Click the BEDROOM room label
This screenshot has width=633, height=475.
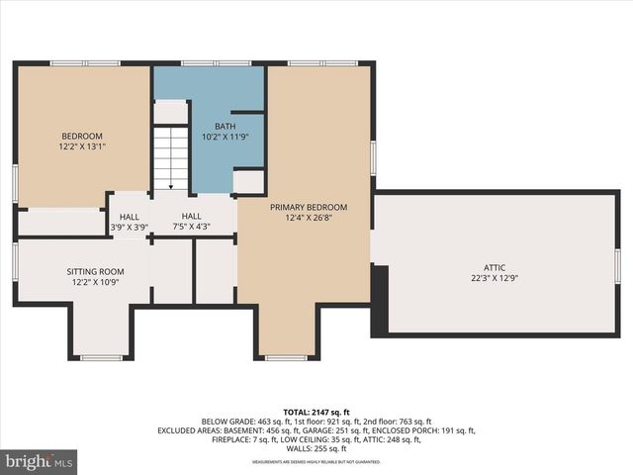pyautogui.click(x=82, y=137)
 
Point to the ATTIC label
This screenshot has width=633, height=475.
pyautogui.click(x=495, y=267)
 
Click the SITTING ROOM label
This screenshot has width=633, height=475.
pyautogui.click(x=95, y=271)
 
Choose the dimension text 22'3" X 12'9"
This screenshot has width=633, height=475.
pyautogui.click(x=495, y=278)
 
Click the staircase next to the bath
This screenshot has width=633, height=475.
pyautogui.click(x=171, y=157)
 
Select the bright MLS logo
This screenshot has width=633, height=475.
pyautogui.click(x=40, y=461)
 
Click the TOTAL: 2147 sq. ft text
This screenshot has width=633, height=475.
pyautogui.click(x=316, y=411)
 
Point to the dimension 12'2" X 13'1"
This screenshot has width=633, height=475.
pyautogui.click(x=82, y=146)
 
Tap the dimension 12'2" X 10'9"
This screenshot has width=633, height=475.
pyautogui.click(x=95, y=282)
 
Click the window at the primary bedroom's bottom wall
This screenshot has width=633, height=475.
pyautogui.click(x=286, y=357)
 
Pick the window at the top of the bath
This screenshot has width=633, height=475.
pyautogui.click(x=216, y=63)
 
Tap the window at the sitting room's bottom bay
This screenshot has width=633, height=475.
pyautogui.click(x=101, y=357)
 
